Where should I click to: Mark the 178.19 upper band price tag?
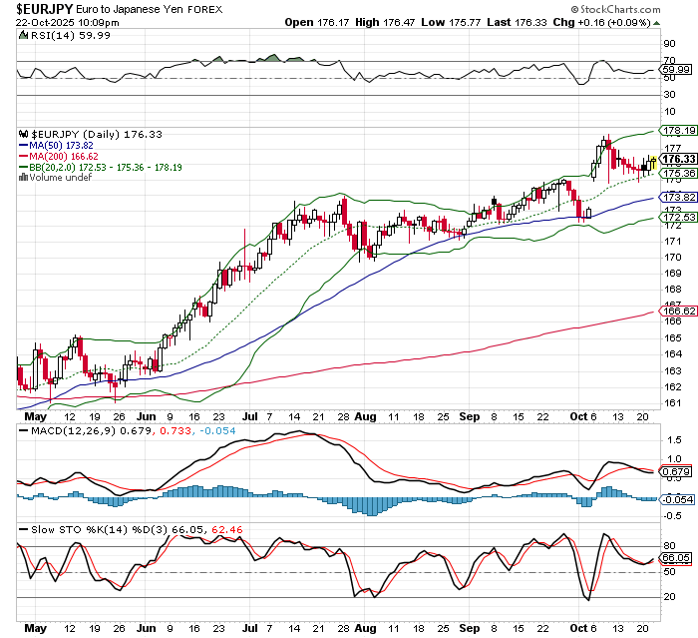(678, 130)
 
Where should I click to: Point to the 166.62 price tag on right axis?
(678, 312)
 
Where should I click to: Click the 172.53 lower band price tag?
(678, 218)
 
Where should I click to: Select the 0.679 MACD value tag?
(678, 471)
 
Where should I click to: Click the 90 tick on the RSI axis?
(670, 45)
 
